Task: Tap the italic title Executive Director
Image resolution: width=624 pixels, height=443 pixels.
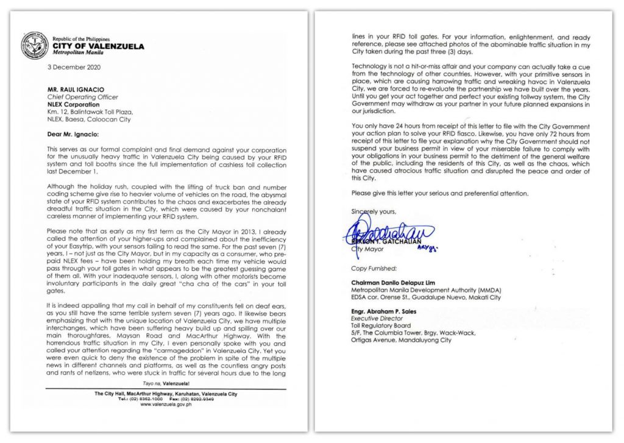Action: pyautogui.click(x=377, y=318)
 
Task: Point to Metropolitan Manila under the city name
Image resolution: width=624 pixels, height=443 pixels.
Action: pyautogui.click(x=81, y=53)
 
